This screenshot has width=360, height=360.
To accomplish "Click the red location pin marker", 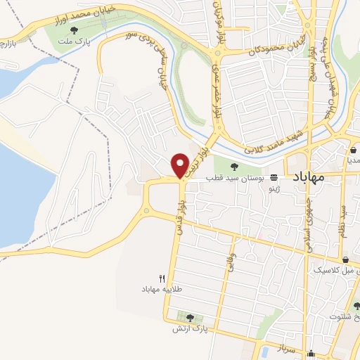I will click(181, 165).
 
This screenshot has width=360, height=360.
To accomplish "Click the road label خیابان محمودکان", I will click(267, 51).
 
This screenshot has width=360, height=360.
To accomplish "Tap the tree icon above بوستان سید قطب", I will click(235, 167).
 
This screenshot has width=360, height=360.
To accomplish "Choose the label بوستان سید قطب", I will click(235, 179).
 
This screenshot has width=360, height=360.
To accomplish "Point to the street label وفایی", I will click(229, 269).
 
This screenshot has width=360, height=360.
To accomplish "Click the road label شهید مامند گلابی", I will click(273, 141).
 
